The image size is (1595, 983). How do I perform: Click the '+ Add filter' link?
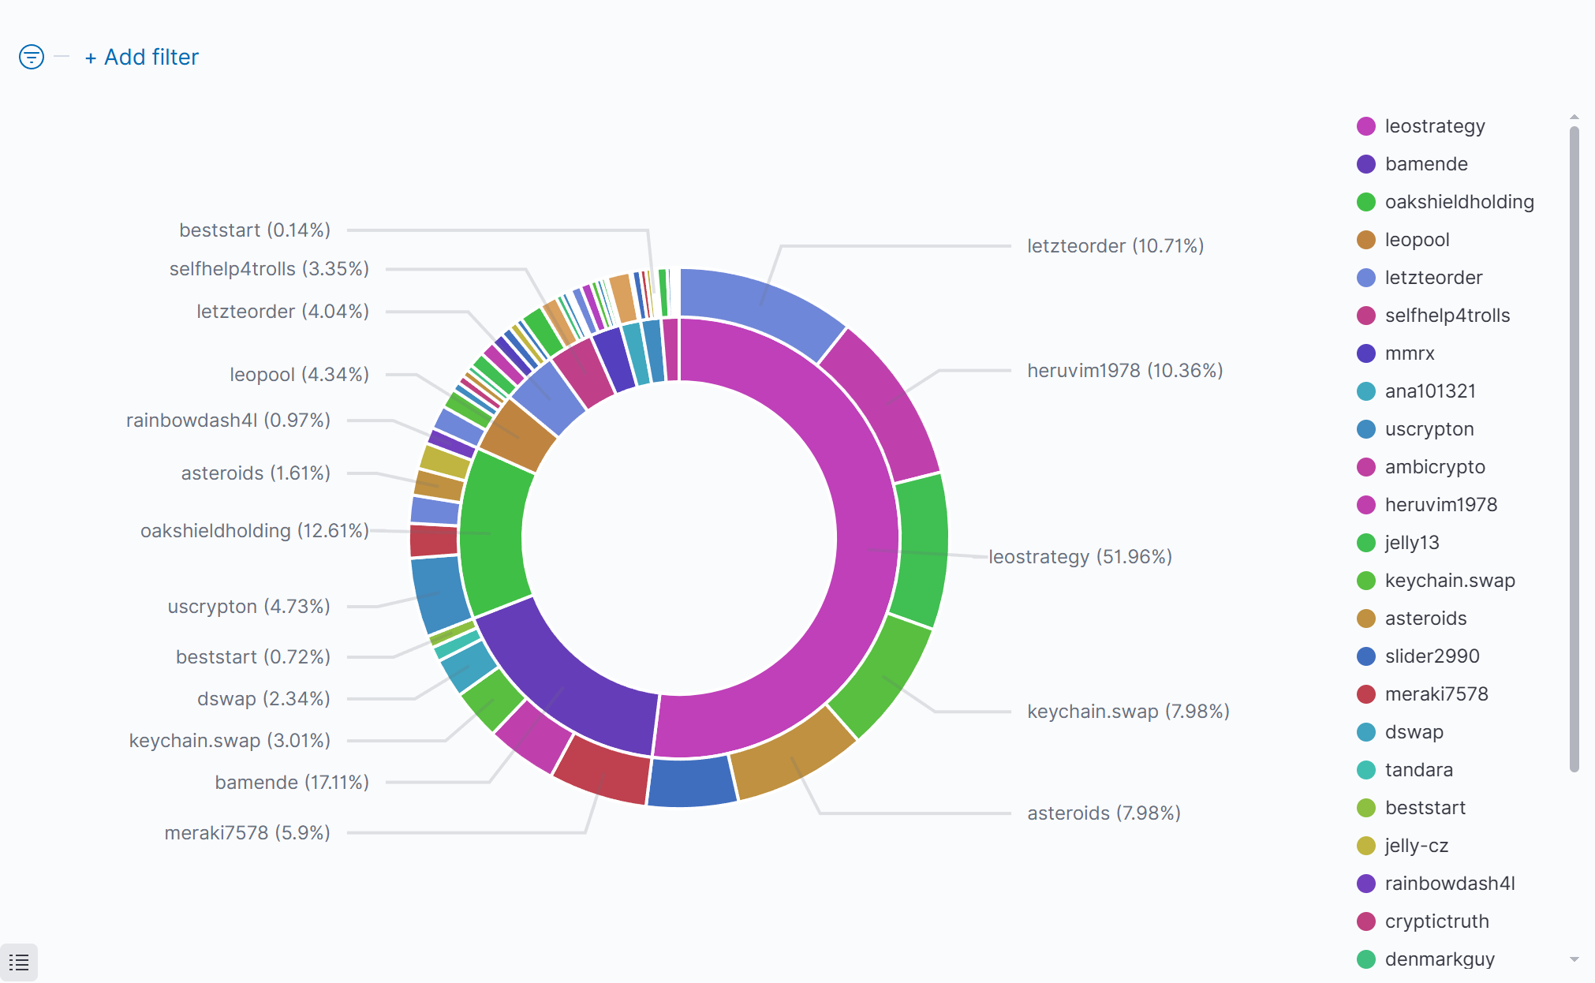[x=142, y=58]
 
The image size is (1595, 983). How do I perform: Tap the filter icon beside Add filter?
[x=32, y=57]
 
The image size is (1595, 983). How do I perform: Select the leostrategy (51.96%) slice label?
[x=1079, y=557]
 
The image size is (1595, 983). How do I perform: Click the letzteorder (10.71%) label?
[x=1115, y=246]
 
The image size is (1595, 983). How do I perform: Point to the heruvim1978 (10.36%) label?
[x=1124, y=371]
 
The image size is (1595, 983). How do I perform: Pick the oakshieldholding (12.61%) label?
[x=254, y=531]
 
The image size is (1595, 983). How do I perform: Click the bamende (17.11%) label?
[x=292, y=783]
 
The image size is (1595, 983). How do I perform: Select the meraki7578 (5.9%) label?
[x=247, y=833]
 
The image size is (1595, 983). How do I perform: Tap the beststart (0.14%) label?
[x=254, y=230]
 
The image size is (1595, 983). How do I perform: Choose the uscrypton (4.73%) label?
[x=248, y=607]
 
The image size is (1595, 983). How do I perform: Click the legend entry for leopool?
[x=1417, y=240]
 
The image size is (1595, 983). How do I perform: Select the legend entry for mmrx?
[x=1409, y=353]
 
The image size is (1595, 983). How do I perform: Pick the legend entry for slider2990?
[x=1432, y=656]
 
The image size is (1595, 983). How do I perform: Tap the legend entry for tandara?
[x=1418, y=770]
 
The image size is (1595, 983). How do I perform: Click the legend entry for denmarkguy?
[x=1439, y=959]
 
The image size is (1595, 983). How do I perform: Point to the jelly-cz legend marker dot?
[x=1366, y=846]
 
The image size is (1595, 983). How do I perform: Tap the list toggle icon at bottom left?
[x=19, y=962]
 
